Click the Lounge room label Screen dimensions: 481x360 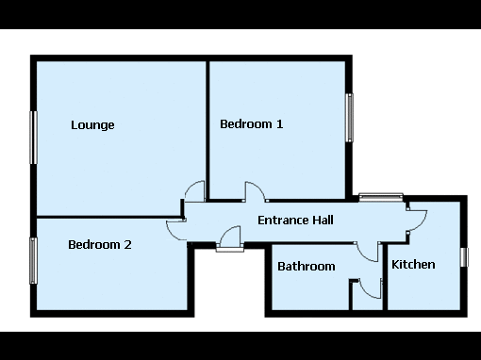click(x=92, y=125)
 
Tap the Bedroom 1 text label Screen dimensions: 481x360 click(x=252, y=124)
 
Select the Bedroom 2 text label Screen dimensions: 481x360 click(x=100, y=245)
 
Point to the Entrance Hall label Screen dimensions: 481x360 click(x=295, y=220)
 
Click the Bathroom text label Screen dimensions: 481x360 click(x=307, y=267)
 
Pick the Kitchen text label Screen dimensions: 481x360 click(x=413, y=265)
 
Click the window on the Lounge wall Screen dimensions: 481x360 click(x=33, y=138)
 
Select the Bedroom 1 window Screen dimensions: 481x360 click(x=349, y=118)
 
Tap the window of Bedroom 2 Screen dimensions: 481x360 click(x=33, y=261)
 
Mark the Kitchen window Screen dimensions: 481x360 click(x=464, y=257)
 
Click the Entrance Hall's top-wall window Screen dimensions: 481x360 click(x=381, y=197)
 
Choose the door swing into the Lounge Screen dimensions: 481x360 click(x=195, y=191)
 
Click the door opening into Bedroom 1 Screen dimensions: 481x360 click(x=255, y=191)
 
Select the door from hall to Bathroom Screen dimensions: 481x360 click(x=368, y=252)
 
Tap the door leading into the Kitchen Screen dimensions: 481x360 click(x=417, y=221)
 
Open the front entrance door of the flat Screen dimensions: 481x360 click(x=230, y=238)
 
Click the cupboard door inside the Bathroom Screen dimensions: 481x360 click(x=371, y=288)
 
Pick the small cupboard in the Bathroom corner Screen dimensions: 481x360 click(x=367, y=296)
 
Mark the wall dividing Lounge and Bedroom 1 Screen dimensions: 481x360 click(x=207, y=130)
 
